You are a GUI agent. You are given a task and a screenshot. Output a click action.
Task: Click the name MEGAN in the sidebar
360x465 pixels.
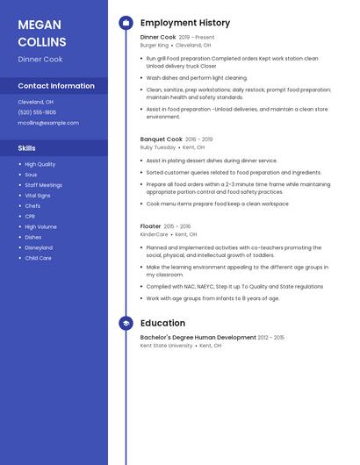[40, 25]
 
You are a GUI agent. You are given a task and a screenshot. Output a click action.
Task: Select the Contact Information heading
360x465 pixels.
[56, 86]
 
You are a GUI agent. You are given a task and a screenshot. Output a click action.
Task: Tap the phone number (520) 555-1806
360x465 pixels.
[37, 112]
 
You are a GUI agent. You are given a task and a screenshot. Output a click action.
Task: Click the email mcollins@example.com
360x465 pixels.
[48, 123]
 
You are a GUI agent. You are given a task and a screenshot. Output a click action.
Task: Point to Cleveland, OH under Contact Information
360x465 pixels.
[36, 102]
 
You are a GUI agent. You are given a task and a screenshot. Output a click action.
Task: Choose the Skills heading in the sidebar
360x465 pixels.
[27, 148]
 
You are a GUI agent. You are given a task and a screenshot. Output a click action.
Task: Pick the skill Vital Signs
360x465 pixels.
[38, 195]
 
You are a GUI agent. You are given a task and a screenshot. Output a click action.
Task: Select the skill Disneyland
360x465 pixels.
[40, 247]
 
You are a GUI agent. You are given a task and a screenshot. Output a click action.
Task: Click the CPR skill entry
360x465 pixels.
[30, 216]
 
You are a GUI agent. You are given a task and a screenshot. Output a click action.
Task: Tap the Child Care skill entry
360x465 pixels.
[38, 258]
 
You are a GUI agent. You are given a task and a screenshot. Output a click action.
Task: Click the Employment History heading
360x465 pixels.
[185, 23]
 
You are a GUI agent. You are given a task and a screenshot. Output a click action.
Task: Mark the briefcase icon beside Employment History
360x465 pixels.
[126, 23]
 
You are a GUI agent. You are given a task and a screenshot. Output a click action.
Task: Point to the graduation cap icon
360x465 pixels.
[126, 323]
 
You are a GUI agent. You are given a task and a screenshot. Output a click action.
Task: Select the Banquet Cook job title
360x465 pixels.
[162, 139]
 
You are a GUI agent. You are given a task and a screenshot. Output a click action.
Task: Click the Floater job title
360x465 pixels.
[151, 226]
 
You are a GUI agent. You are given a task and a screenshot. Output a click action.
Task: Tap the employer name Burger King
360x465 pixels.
[155, 45]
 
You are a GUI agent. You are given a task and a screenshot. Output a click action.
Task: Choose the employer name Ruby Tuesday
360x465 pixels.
[158, 147]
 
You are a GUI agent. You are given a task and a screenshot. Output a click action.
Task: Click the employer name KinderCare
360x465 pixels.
[154, 234]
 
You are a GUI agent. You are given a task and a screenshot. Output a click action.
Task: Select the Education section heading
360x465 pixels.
[162, 323]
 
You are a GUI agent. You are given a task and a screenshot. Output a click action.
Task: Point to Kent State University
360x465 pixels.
[167, 346]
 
